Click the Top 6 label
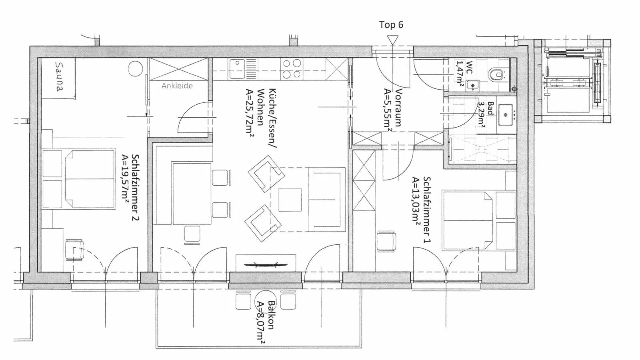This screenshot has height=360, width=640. click(391, 25)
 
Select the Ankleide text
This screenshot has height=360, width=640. click(177, 86)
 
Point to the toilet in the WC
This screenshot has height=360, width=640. click(496, 74)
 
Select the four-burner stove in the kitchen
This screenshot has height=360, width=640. click(292, 68)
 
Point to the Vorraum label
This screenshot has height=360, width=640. click(398, 108)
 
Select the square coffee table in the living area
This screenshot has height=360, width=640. click(290, 200)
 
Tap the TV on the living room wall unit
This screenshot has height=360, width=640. click(266, 264)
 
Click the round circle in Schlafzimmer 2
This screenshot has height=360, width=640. click(136, 69)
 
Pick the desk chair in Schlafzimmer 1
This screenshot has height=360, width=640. click(386, 241)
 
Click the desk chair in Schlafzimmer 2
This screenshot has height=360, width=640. click(74, 250)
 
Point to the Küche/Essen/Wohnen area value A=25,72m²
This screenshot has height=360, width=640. click(250, 113)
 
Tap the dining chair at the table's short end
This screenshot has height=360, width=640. click(192, 234)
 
